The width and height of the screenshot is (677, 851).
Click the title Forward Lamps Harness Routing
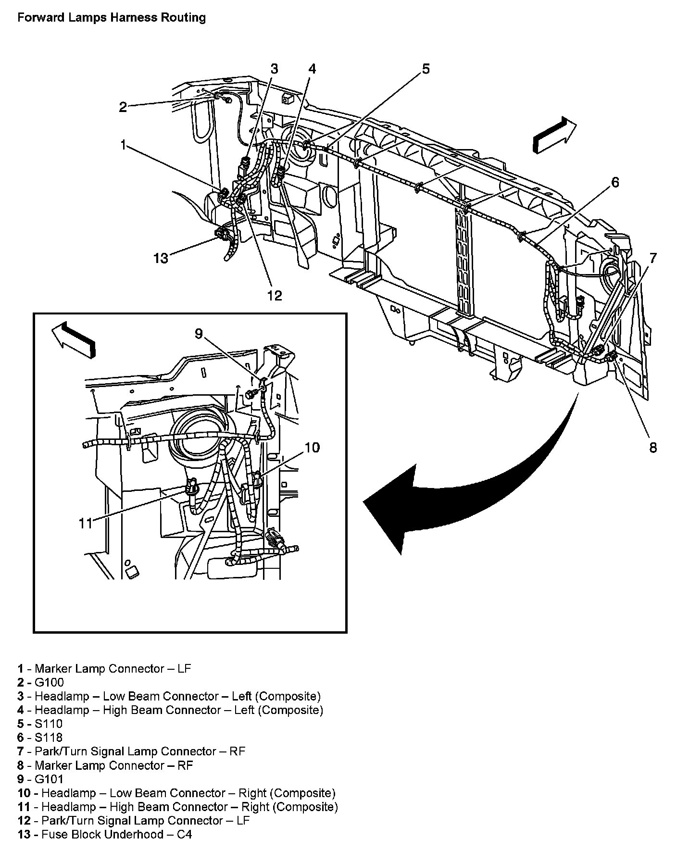click(x=111, y=18)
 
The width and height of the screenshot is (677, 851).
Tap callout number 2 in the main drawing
click(x=123, y=107)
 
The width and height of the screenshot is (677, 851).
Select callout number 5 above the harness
click(x=426, y=69)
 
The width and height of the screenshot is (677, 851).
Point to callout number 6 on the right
click(x=615, y=182)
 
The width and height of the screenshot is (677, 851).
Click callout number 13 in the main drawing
click(x=161, y=259)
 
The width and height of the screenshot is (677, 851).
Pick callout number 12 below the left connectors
click(x=275, y=295)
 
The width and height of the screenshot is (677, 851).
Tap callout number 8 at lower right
click(x=652, y=447)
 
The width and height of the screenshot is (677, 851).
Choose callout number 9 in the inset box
click(x=199, y=333)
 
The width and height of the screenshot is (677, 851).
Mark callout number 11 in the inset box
click(x=85, y=523)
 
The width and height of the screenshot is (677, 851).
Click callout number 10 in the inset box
click(x=312, y=447)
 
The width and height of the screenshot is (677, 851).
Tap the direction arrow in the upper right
click(x=554, y=137)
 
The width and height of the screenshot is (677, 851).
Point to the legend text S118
click(x=49, y=737)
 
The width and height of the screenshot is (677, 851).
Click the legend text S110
click(x=49, y=724)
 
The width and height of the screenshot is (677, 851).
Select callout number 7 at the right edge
click(x=652, y=258)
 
